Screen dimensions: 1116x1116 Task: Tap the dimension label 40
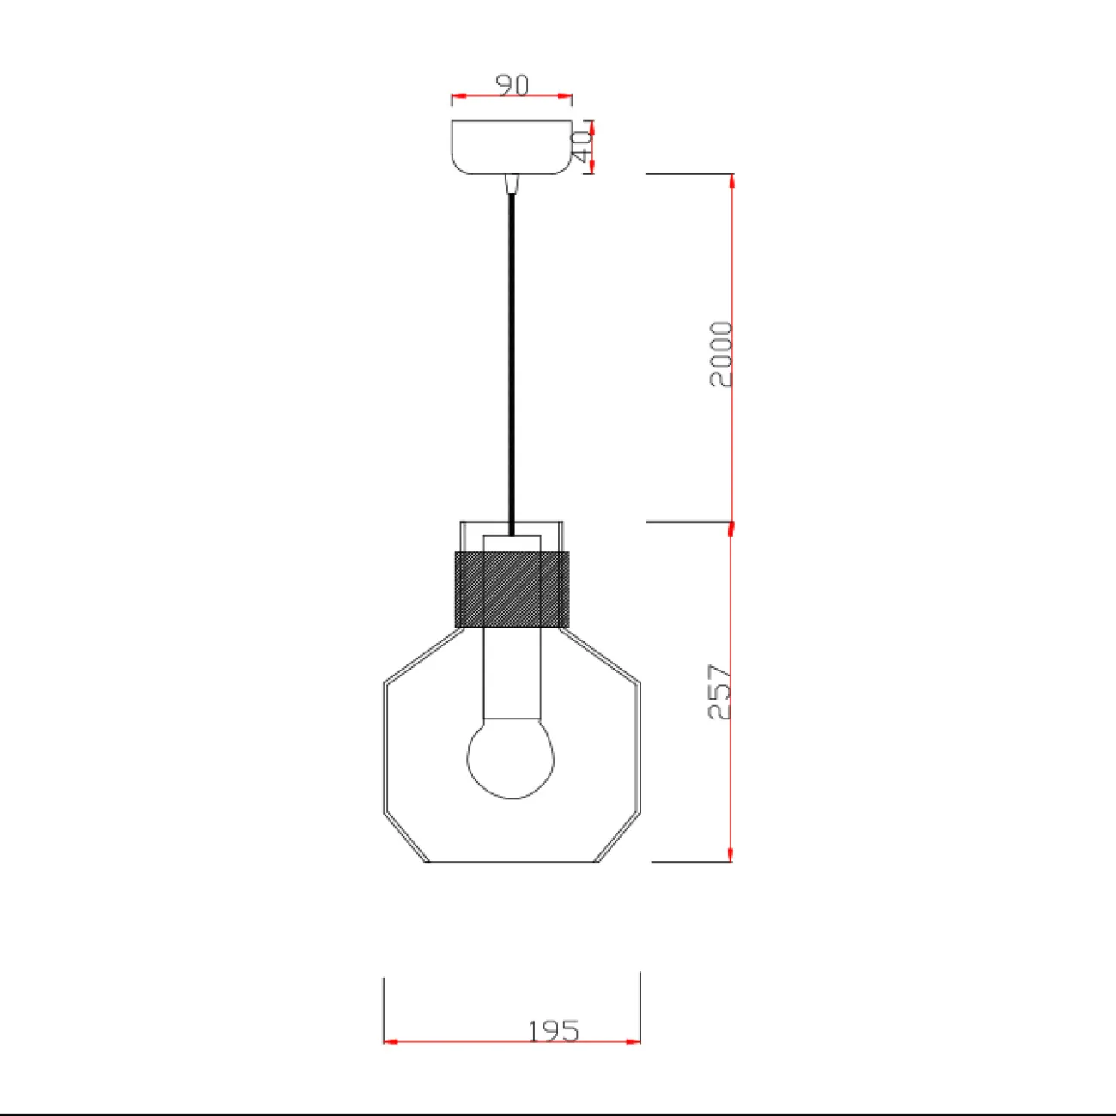pyautogui.click(x=581, y=146)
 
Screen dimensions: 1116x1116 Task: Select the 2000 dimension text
pyautogui.click(x=721, y=355)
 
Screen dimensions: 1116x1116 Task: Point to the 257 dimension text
pyautogui.click(x=720, y=692)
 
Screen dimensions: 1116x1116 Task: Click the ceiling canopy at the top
pyautogui.click(x=512, y=147)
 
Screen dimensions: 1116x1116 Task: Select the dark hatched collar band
pyautogui.click(x=512, y=590)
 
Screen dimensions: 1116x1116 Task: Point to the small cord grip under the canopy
pyautogui.click(x=512, y=184)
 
